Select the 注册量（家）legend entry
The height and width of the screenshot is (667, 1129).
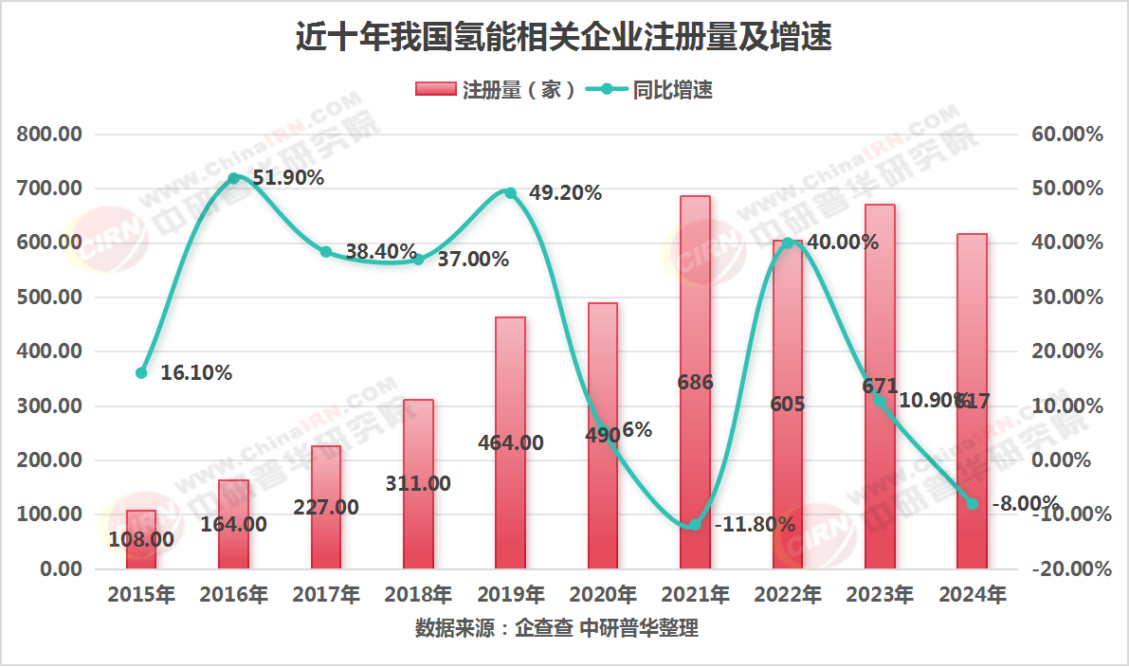coord(495,90)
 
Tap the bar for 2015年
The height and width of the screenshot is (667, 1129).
coord(141,540)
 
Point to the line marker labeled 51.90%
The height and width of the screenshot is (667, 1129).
coord(234,178)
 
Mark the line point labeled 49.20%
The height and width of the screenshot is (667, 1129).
coord(511,193)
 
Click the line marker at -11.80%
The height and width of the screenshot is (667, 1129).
coord(695,524)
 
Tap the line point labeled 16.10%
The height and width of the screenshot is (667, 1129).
coord(141,373)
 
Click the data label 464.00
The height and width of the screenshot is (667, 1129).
coord(511,442)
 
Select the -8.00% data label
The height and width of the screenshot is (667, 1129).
coord(1026,503)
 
